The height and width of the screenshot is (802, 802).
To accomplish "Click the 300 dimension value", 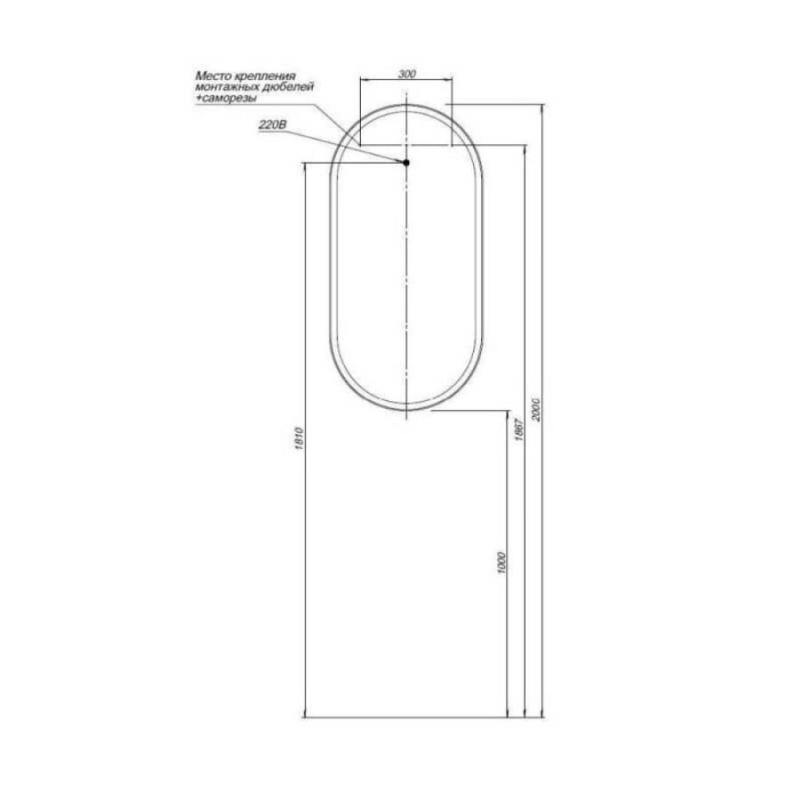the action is point(406,74).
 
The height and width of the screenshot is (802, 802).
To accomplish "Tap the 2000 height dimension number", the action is point(536,409).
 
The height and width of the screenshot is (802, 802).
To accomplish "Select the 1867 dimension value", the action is point(518,430).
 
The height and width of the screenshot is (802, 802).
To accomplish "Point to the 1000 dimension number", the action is point(501,562).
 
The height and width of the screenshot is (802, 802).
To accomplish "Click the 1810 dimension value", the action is point(299,438).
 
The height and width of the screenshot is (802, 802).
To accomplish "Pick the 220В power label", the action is point(274,125).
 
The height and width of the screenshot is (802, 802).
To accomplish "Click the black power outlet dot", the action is point(406,163).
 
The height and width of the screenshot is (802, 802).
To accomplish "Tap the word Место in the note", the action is point(214,77).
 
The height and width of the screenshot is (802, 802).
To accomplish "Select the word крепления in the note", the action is point(265,77).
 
